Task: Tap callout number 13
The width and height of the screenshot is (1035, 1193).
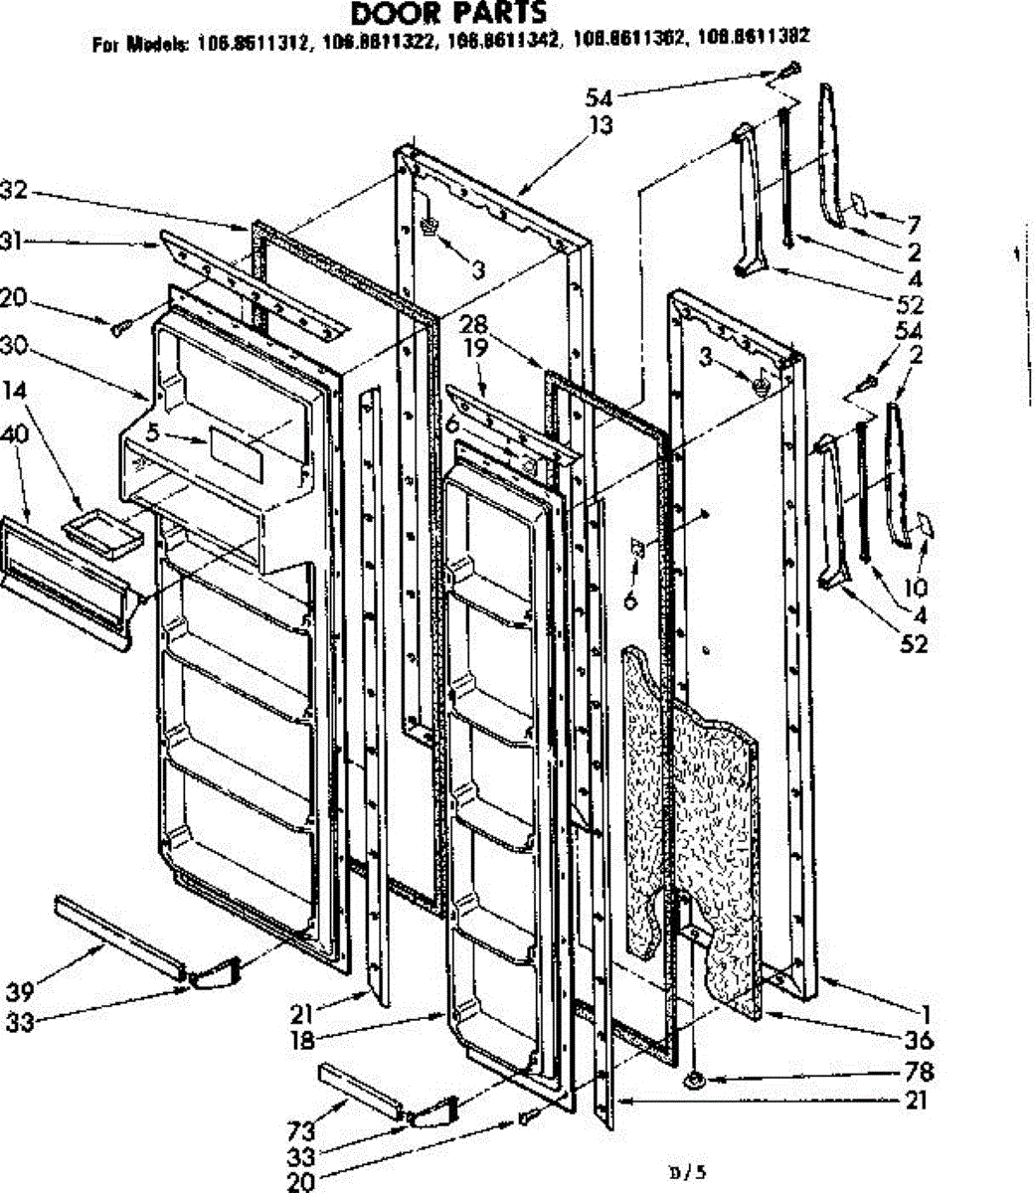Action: (x=600, y=125)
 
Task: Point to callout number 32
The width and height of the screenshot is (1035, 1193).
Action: (x=14, y=190)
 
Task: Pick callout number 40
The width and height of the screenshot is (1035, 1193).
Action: (x=15, y=433)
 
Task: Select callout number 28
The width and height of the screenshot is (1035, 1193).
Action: (x=475, y=324)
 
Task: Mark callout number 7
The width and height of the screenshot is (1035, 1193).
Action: (x=913, y=224)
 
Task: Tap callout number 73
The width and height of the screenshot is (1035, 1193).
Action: (x=301, y=1130)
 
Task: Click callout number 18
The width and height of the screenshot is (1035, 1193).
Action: (x=302, y=1040)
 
